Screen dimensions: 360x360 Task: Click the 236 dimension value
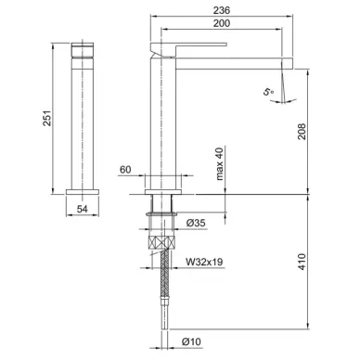pyautogui.click(x=222, y=10)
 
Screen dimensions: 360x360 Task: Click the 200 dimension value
pyautogui.click(x=222, y=23)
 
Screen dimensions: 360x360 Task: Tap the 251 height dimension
pyautogui.click(x=46, y=118)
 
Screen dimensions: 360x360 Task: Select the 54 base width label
pyautogui.click(x=83, y=209)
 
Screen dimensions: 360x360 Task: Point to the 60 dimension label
pyautogui.click(x=125, y=170)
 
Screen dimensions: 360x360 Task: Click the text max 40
pyautogui.click(x=219, y=164)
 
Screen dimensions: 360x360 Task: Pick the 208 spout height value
pyautogui.click(x=302, y=132)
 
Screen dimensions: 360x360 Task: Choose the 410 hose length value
pyautogui.click(x=302, y=262)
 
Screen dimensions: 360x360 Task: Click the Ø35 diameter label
pyautogui.click(x=196, y=223)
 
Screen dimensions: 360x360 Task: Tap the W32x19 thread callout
pyautogui.click(x=204, y=262)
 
